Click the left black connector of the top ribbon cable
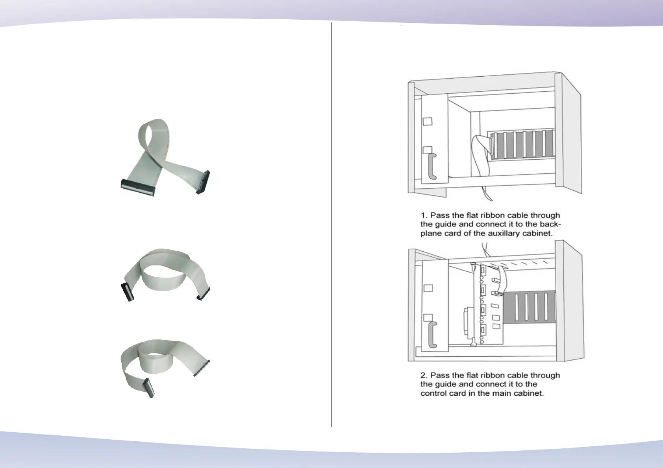point(138,187)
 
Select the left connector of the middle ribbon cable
point(127,292)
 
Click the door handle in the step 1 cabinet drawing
point(431,166)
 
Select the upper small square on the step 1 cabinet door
point(427,121)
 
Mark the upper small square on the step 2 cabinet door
point(428,288)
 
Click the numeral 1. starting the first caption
point(424,216)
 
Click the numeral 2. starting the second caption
point(424,375)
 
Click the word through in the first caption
point(545,216)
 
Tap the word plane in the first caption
point(432,233)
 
